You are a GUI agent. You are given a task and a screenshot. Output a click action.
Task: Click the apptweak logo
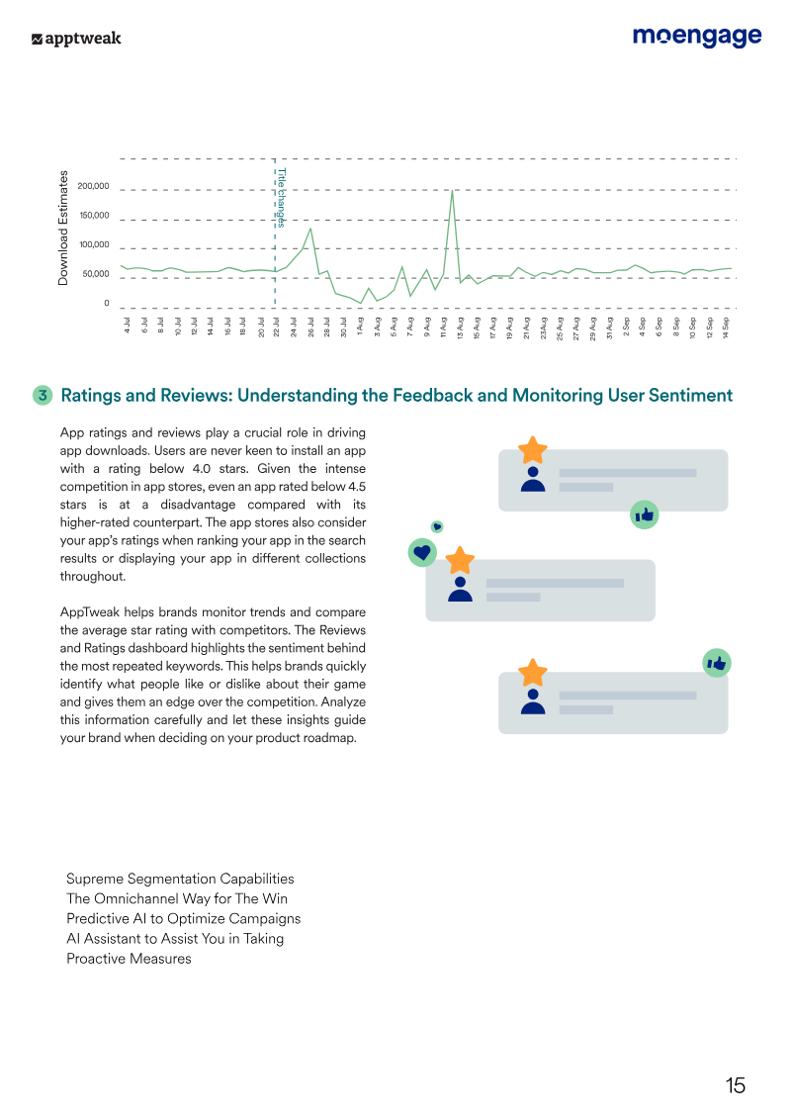tap(76, 39)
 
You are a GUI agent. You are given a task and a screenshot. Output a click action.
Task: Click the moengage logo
tap(697, 37)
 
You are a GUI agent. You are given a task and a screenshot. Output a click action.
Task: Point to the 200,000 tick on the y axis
tap(93, 186)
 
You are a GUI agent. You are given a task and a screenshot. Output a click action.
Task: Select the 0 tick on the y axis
tap(107, 304)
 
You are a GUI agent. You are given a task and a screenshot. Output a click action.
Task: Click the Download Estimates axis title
tap(63, 229)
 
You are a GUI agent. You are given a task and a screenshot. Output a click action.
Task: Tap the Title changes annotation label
tap(282, 198)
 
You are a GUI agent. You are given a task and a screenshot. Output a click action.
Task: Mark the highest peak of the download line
tap(452, 191)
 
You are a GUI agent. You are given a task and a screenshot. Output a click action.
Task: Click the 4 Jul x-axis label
tap(127, 325)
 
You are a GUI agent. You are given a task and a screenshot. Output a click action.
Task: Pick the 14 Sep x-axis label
tap(726, 326)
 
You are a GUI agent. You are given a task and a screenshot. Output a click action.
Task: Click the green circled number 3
tap(43, 395)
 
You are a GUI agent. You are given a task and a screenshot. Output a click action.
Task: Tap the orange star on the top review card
tap(533, 450)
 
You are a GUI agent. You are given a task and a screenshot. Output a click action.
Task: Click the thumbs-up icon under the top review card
tap(644, 514)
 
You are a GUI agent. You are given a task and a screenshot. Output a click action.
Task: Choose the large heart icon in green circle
tap(422, 552)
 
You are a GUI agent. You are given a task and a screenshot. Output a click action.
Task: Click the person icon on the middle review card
tap(460, 589)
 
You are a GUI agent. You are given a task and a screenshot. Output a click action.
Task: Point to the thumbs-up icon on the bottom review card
tap(717, 663)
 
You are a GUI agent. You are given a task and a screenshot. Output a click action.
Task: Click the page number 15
tap(736, 1085)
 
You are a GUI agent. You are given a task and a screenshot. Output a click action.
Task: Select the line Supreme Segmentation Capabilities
tap(180, 879)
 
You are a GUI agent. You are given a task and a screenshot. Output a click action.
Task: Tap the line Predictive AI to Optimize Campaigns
tap(183, 918)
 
